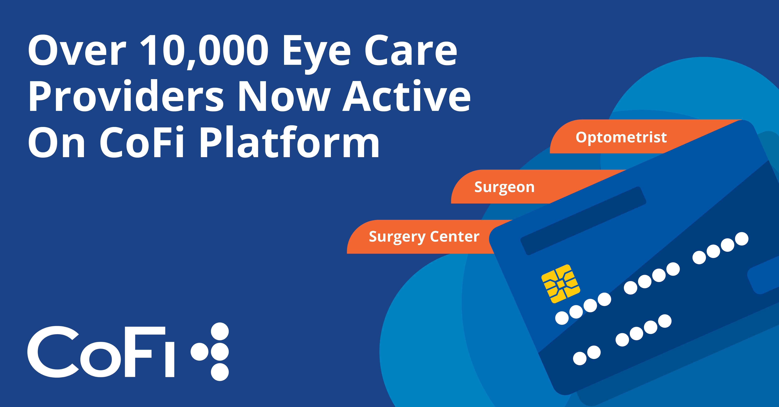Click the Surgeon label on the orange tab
click(x=504, y=187)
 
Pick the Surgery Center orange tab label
click(x=424, y=236)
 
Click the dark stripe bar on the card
click(x=583, y=221)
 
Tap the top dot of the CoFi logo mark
click(x=220, y=331)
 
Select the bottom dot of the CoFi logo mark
click(x=220, y=372)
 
